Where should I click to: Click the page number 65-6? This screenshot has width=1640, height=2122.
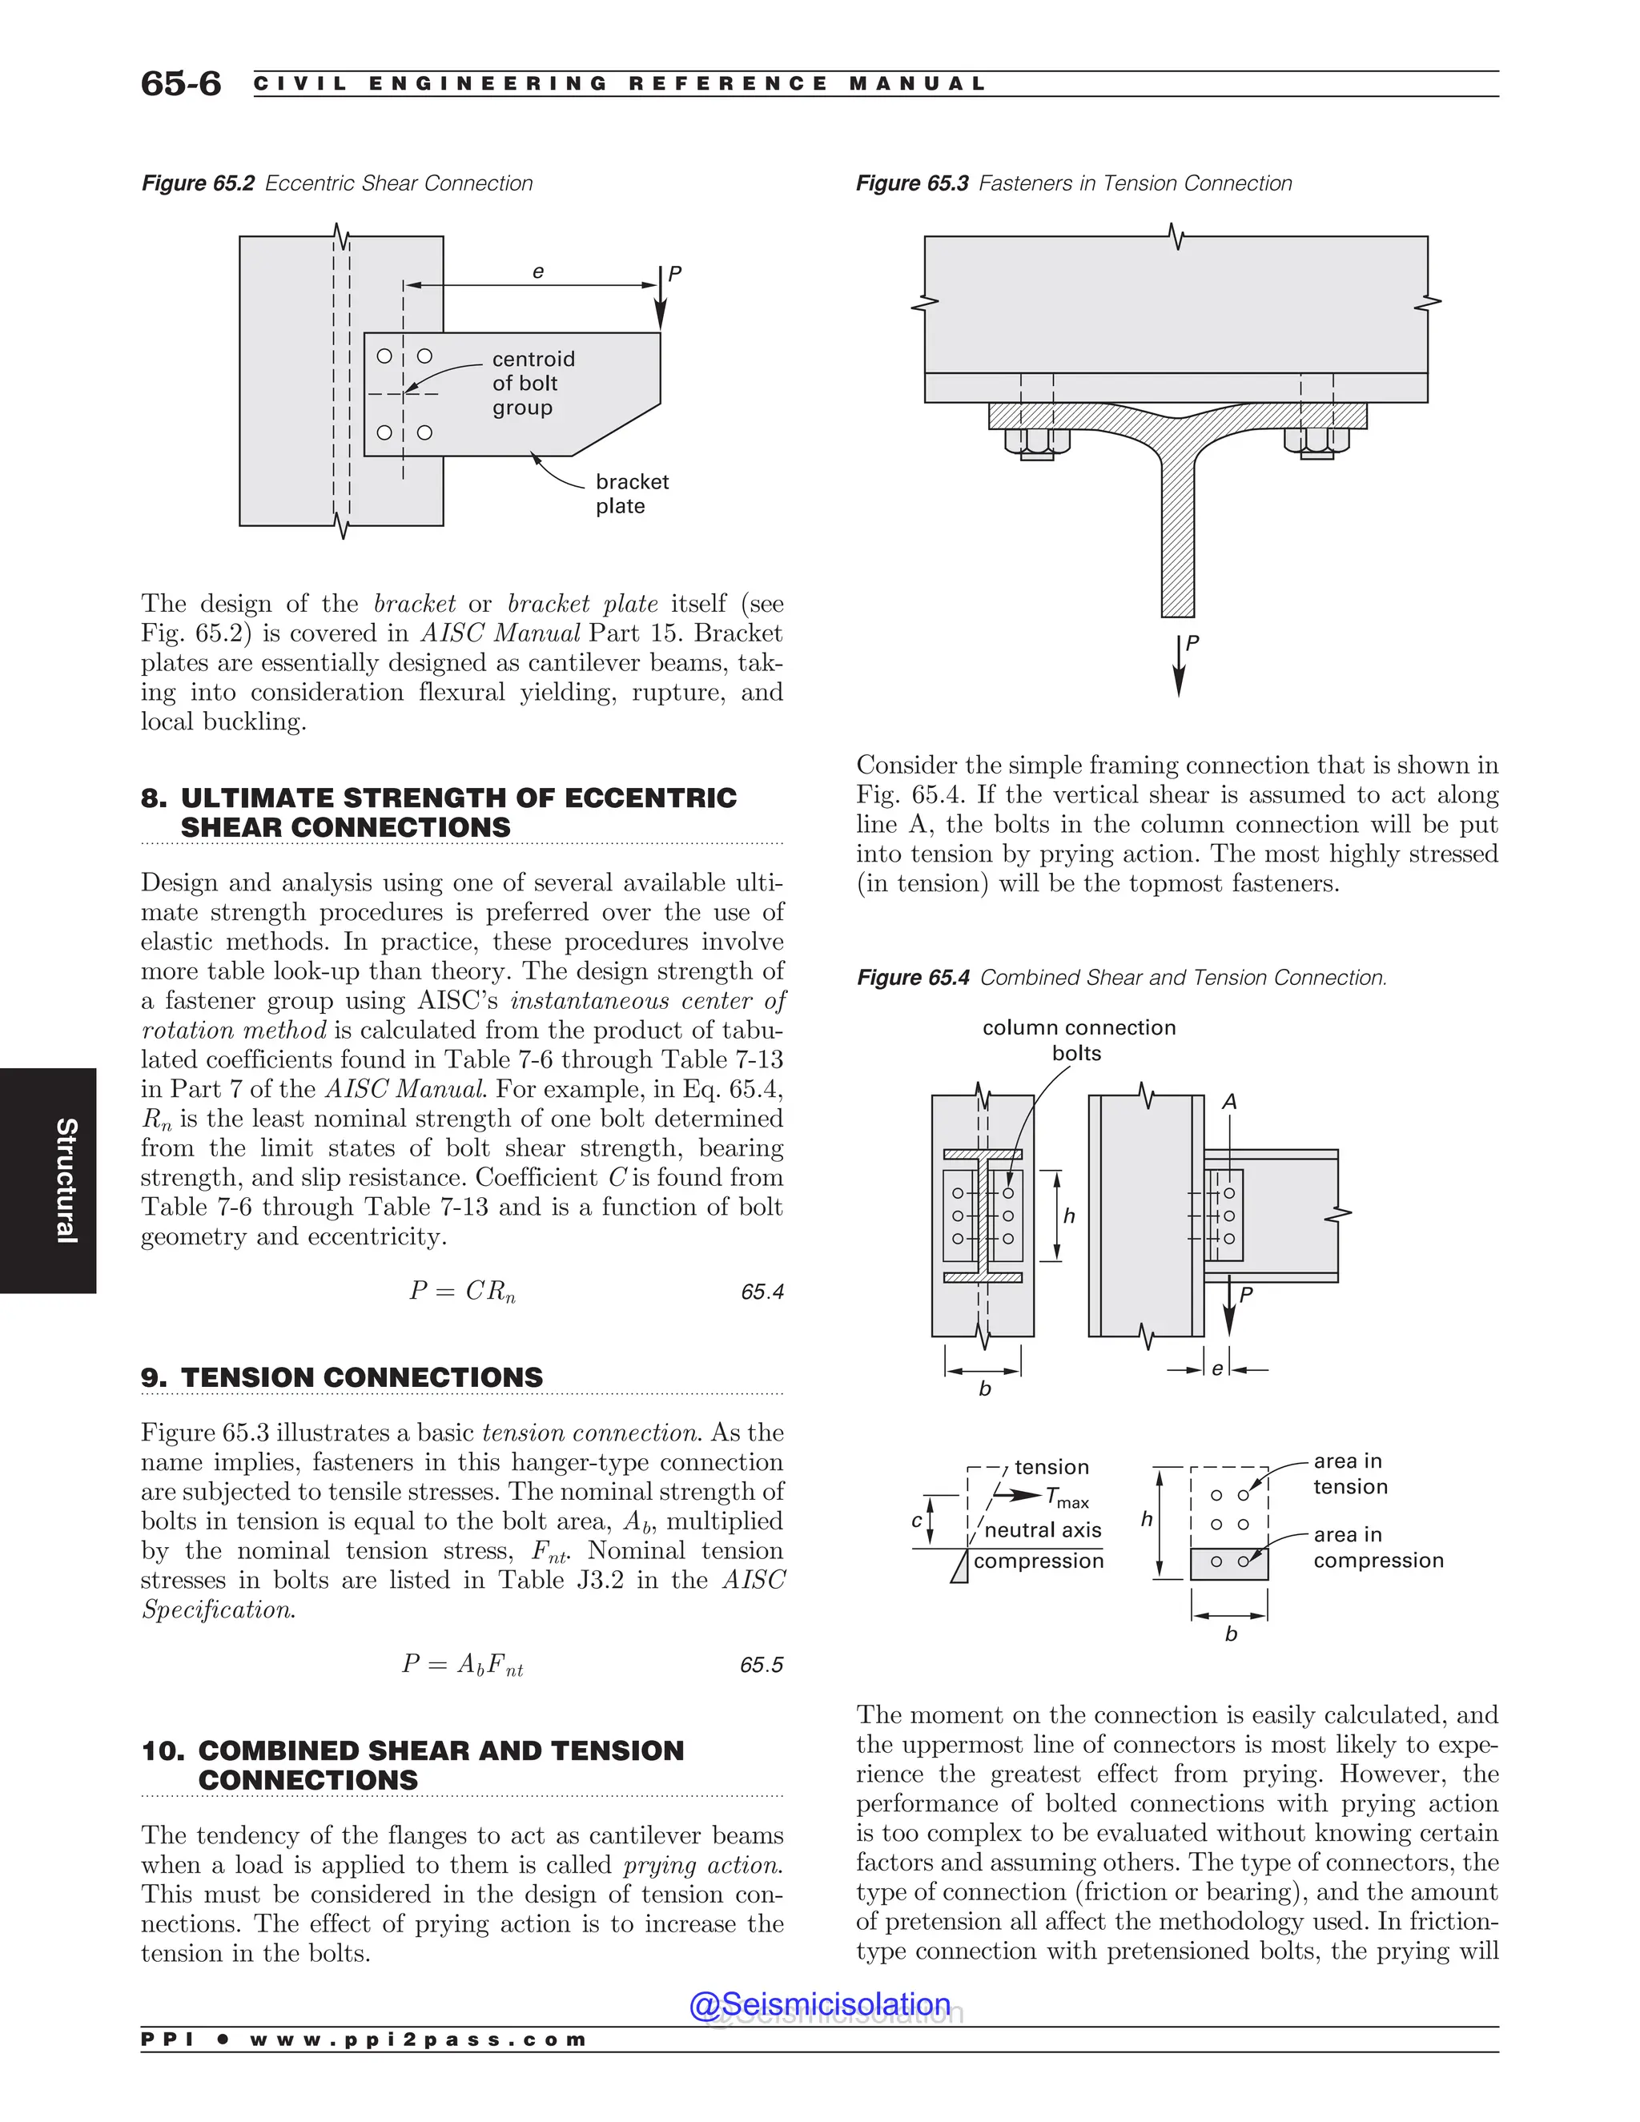(181, 83)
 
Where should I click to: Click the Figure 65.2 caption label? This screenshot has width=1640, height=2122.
(199, 183)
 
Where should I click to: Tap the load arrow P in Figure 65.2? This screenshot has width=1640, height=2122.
(661, 296)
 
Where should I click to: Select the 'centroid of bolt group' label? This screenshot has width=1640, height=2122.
(533, 384)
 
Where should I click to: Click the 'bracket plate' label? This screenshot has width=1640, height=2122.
(632, 493)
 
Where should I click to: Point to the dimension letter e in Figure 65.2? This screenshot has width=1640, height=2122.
(537, 273)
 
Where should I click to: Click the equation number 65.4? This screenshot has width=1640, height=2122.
(762, 1292)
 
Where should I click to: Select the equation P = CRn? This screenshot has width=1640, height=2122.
(463, 1292)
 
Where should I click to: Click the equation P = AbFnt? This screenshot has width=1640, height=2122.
(463, 1665)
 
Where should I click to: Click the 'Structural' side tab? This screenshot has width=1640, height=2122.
(65, 1180)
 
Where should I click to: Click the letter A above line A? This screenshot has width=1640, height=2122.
(1229, 1102)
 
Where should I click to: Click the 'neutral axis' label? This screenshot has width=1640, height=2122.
(1043, 1530)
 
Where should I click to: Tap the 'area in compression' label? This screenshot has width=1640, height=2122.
(1377, 1547)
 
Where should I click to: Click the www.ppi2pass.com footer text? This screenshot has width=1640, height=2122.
(418, 2040)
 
